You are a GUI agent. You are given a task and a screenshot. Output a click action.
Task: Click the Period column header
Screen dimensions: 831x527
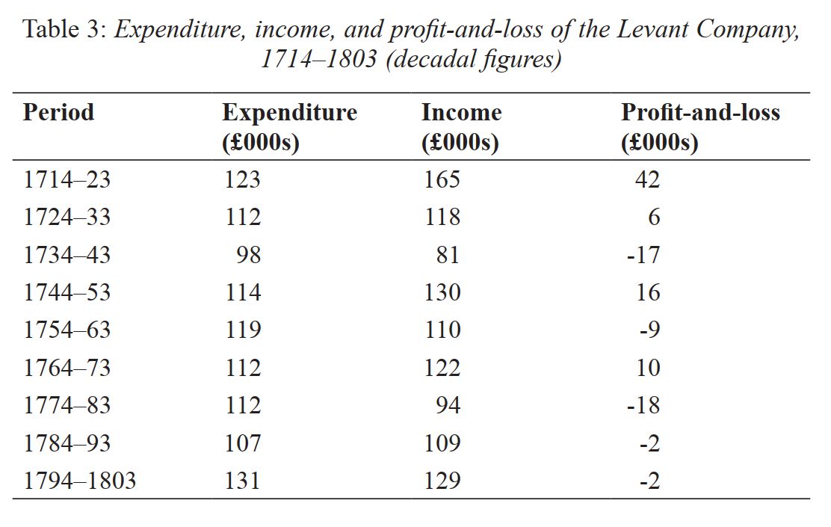(59, 112)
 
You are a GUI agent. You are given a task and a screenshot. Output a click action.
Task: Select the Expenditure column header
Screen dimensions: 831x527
(289, 127)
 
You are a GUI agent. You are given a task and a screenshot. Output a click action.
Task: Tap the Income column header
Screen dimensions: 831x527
(461, 127)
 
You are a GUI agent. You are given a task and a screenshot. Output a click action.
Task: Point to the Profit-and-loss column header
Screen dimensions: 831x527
(700, 127)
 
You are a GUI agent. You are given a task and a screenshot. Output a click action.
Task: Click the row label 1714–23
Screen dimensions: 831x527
(67, 179)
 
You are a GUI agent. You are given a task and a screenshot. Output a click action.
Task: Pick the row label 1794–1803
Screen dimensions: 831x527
(80, 481)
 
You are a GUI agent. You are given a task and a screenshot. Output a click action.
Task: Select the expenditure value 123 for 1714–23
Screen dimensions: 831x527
(243, 179)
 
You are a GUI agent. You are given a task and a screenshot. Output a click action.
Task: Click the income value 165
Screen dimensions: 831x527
(442, 179)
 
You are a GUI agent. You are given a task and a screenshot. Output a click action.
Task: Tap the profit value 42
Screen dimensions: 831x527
(648, 179)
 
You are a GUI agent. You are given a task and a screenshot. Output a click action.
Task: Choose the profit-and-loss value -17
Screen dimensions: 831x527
(643, 255)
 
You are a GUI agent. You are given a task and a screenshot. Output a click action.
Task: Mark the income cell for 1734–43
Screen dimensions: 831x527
(448, 255)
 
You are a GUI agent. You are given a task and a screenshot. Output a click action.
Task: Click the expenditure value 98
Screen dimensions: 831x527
(249, 255)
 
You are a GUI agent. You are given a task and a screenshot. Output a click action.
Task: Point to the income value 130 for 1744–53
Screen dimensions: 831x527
(442, 293)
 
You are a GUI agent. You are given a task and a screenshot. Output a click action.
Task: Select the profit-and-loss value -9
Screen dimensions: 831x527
(649, 330)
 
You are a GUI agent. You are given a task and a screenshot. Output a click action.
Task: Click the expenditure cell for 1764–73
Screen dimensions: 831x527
(243, 368)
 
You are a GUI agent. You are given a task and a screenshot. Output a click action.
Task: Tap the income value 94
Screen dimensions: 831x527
(448, 406)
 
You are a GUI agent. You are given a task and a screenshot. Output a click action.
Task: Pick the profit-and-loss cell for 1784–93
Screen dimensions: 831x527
(649, 443)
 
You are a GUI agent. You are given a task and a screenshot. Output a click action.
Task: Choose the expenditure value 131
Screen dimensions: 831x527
(243, 481)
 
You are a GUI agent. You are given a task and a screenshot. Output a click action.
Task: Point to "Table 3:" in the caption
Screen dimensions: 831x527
(67, 30)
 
